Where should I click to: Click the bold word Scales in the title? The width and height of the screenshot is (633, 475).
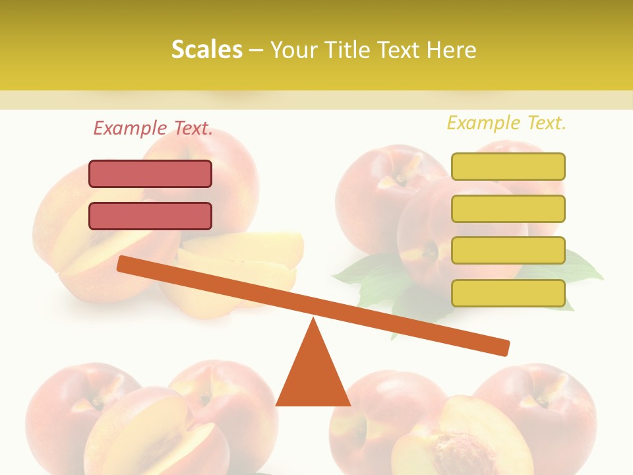point(207,49)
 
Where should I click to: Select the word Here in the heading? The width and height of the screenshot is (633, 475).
point(451,49)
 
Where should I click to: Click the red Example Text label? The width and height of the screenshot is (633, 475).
point(153,129)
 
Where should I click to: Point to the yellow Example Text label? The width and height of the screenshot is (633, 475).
point(506,123)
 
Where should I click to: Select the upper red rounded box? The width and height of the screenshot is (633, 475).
point(150,174)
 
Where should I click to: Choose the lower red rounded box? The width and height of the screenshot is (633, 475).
point(150,216)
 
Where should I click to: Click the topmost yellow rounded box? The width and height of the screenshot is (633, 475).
point(508,166)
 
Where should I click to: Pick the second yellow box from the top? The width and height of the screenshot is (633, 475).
point(508,208)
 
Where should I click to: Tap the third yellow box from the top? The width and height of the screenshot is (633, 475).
point(508,250)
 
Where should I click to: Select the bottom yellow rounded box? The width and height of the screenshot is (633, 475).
point(508,293)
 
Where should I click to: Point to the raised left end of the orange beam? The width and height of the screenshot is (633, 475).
point(125,263)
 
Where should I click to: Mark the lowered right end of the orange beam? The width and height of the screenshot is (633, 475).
point(501,346)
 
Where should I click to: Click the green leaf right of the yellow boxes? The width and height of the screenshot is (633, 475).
point(580,267)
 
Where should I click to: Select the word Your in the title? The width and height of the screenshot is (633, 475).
point(293,49)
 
